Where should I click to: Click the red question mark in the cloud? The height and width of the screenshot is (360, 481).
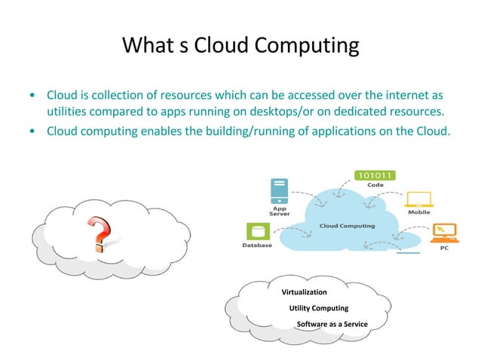(100, 233)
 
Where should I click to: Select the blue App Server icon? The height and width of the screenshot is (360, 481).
(279, 191)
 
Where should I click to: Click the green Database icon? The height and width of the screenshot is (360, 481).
(253, 232)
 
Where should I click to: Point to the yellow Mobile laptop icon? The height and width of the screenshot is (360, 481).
(418, 199)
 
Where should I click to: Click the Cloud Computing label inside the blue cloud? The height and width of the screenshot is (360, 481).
(346, 225)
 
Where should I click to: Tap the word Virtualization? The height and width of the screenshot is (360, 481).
(304, 291)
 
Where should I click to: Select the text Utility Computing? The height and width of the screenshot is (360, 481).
(319, 308)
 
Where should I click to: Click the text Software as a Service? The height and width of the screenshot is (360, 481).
(331, 325)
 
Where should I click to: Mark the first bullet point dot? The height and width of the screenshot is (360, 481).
(31, 96)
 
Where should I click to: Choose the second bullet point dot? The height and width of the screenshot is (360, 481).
(31, 130)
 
